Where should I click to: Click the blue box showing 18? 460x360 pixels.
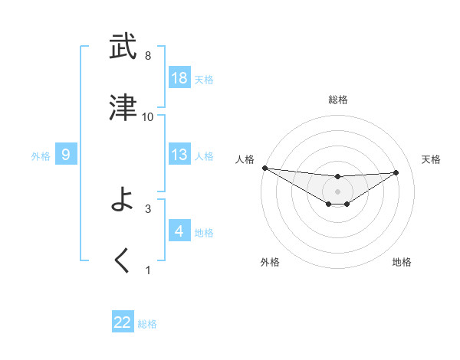(179, 78)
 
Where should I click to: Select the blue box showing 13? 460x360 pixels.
(179, 155)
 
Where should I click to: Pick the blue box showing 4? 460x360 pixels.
(179, 231)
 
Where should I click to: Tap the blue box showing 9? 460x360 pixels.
(66, 155)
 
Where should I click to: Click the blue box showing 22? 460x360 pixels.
(123, 322)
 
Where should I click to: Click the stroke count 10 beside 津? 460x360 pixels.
(148, 116)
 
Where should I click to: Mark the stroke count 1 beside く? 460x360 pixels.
(148, 270)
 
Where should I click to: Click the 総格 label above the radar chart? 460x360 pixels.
(337, 100)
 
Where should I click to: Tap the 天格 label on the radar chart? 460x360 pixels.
(432, 159)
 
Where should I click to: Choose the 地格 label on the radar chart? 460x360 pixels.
(402, 262)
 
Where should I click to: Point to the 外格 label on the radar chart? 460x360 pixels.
(270, 262)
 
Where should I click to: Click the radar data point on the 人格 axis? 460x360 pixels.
(264, 168)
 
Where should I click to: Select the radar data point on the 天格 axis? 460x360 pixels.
(396, 172)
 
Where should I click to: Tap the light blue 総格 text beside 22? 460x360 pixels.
(147, 324)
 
